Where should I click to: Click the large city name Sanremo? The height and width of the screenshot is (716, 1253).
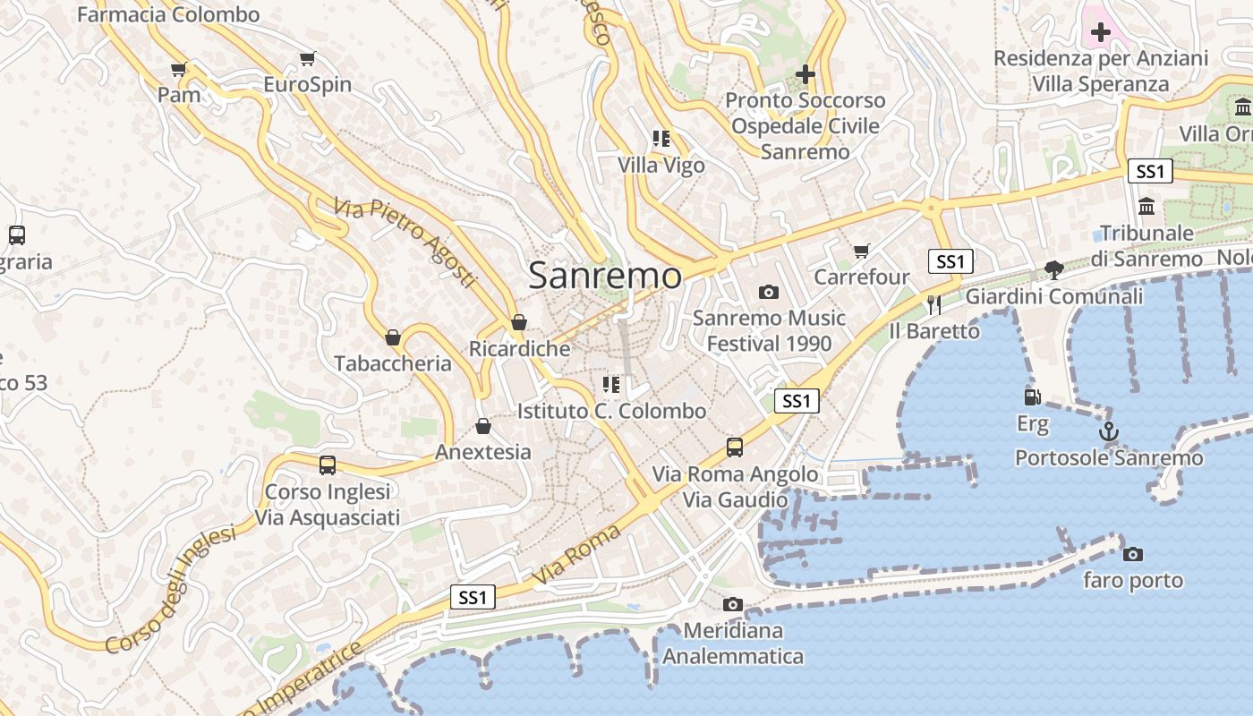coord(605,275)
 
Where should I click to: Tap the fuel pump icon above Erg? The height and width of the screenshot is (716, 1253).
coord(1032,396)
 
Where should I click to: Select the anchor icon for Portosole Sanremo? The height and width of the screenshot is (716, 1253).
coord(1109,431)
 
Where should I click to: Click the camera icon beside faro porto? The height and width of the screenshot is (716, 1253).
coord(1133,554)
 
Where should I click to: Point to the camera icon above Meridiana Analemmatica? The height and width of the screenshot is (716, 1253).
coord(733,604)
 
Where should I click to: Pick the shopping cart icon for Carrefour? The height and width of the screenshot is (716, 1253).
coord(862,251)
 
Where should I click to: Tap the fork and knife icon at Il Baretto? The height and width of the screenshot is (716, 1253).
coord(934,304)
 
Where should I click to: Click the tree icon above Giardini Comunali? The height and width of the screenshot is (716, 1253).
coord(1054,269)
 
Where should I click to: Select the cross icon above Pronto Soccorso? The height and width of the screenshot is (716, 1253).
coord(805,73)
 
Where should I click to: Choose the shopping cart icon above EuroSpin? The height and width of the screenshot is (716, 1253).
coord(308,59)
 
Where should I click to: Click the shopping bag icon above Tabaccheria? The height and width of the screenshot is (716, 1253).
coord(392,337)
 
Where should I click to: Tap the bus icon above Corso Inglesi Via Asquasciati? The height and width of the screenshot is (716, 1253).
coord(328,465)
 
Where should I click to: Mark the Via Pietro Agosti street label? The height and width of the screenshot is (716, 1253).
coord(405,243)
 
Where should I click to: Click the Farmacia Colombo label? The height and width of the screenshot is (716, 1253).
coord(168,14)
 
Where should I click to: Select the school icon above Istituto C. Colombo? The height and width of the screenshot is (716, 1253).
coord(611,385)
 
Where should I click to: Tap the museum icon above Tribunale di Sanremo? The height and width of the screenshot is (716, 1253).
coord(1146,208)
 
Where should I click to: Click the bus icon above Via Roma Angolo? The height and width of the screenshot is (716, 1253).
coord(735,447)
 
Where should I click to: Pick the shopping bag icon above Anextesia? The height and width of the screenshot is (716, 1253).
coord(483,426)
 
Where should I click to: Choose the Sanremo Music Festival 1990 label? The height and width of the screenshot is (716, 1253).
coord(769,330)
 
